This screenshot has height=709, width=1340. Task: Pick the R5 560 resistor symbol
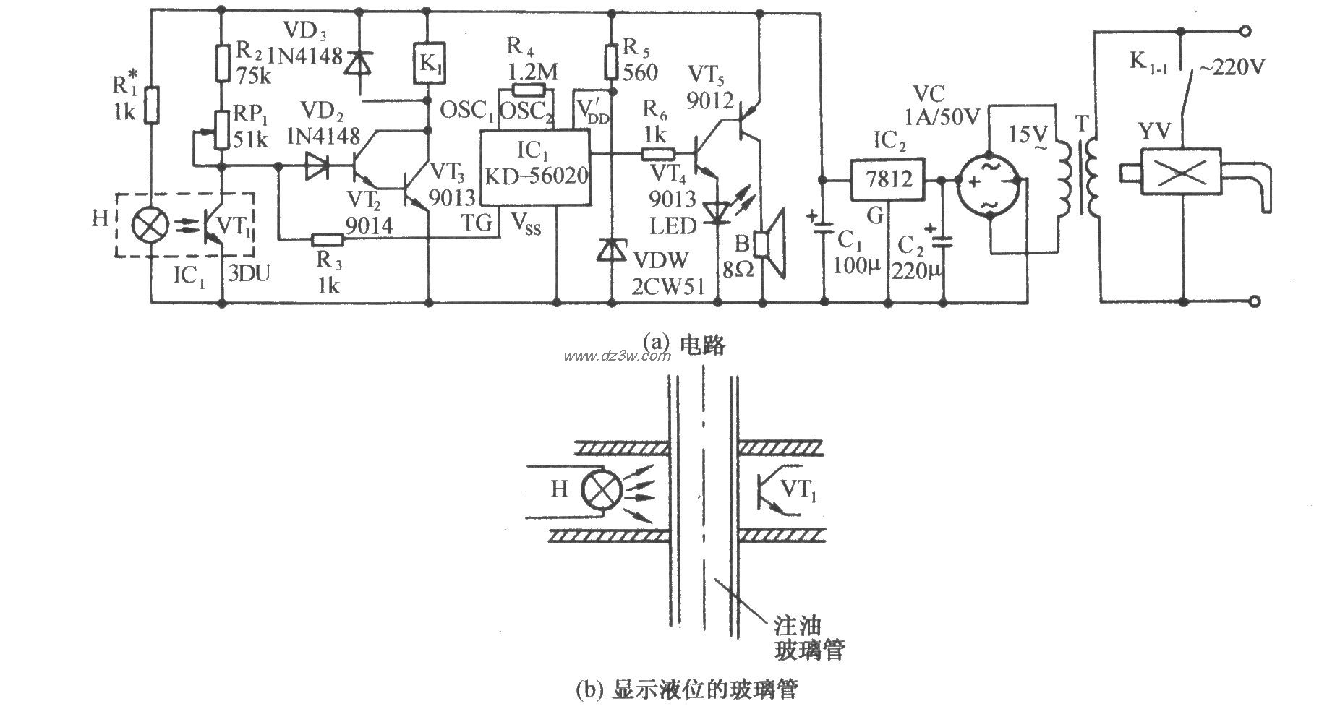pyautogui.click(x=612, y=60)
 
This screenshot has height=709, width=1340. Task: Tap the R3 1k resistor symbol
pyautogui.click(x=328, y=239)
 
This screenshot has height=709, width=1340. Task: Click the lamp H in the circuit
pyautogui.click(x=150, y=223)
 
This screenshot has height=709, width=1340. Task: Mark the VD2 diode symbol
pyautogui.click(x=316, y=166)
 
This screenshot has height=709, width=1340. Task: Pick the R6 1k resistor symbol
pyautogui.click(x=657, y=154)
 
